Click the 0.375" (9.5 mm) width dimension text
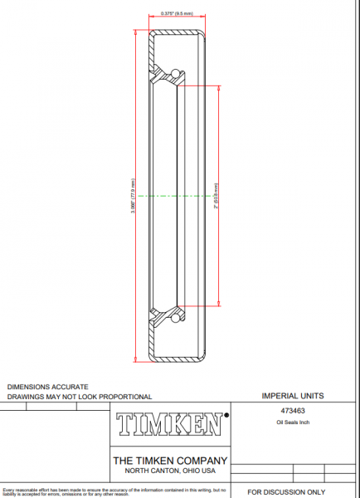(x=176, y=14)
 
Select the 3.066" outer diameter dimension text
(x=134, y=195)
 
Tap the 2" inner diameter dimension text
(x=216, y=195)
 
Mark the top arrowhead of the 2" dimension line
(x=220, y=88)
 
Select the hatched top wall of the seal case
(x=177, y=32)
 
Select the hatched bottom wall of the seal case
(x=177, y=359)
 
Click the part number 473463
(x=292, y=410)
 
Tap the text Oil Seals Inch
(x=292, y=422)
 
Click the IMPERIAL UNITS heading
(x=292, y=396)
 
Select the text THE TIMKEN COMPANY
(x=169, y=461)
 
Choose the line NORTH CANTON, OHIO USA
(x=169, y=471)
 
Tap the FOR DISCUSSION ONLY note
(x=286, y=492)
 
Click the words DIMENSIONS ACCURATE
(x=47, y=387)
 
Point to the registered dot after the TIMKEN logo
(x=227, y=412)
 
